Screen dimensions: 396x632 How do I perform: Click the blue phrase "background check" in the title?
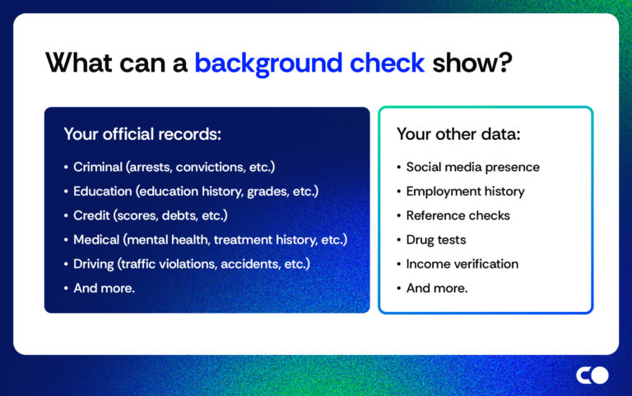(309, 63)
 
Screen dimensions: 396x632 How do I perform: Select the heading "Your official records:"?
(142, 133)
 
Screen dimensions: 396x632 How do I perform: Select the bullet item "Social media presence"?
(472, 167)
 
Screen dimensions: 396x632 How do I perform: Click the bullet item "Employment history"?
(465, 191)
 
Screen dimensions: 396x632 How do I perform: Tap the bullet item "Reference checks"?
(458, 216)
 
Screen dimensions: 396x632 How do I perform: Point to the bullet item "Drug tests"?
(436, 240)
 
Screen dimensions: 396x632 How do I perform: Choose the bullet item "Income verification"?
(462, 264)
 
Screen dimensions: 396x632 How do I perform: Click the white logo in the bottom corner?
(592, 375)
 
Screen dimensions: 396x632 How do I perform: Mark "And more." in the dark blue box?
(104, 289)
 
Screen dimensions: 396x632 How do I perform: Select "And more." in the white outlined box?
(436, 289)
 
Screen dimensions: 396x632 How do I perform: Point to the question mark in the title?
(503, 63)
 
